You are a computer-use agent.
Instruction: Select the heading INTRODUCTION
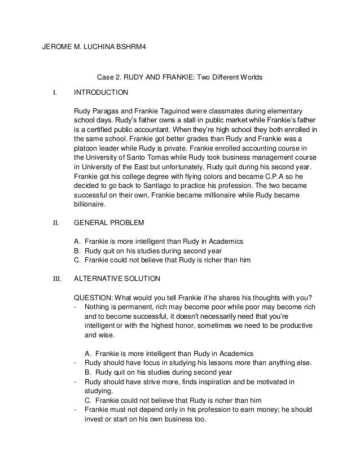(x=100, y=91)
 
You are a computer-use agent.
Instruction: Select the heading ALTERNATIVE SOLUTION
(x=117, y=279)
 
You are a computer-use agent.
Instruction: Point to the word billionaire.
(x=90, y=206)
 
